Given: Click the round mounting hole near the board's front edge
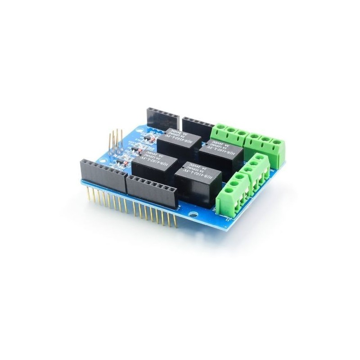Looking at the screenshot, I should coord(194,210).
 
